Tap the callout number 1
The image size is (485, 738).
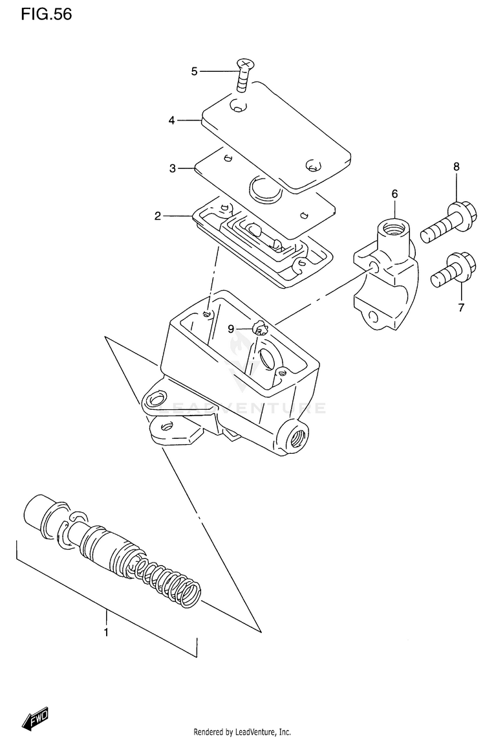[x=107, y=631]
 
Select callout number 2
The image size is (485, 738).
[x=157, y=216]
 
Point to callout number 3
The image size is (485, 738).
[x=173, y=168]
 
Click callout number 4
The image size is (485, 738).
[x=172, y=120]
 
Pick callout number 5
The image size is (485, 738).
[x=194, y=71]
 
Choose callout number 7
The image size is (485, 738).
[x=461, y=307]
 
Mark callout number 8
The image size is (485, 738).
[x=457, y=167]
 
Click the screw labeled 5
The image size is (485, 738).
[x=244, y=75]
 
